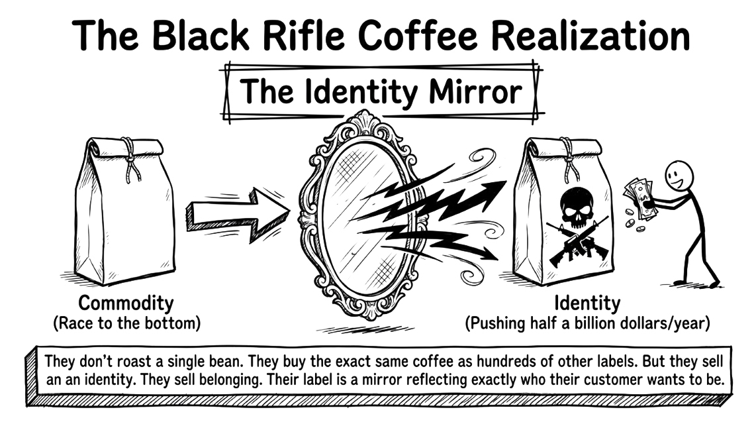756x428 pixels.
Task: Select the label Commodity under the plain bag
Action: pyautogui.click(x=126, y=303)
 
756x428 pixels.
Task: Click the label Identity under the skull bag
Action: pyautogui.click(x=587, y=303)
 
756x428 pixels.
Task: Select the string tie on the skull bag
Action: pyautogui.click(x=566, y=159)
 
